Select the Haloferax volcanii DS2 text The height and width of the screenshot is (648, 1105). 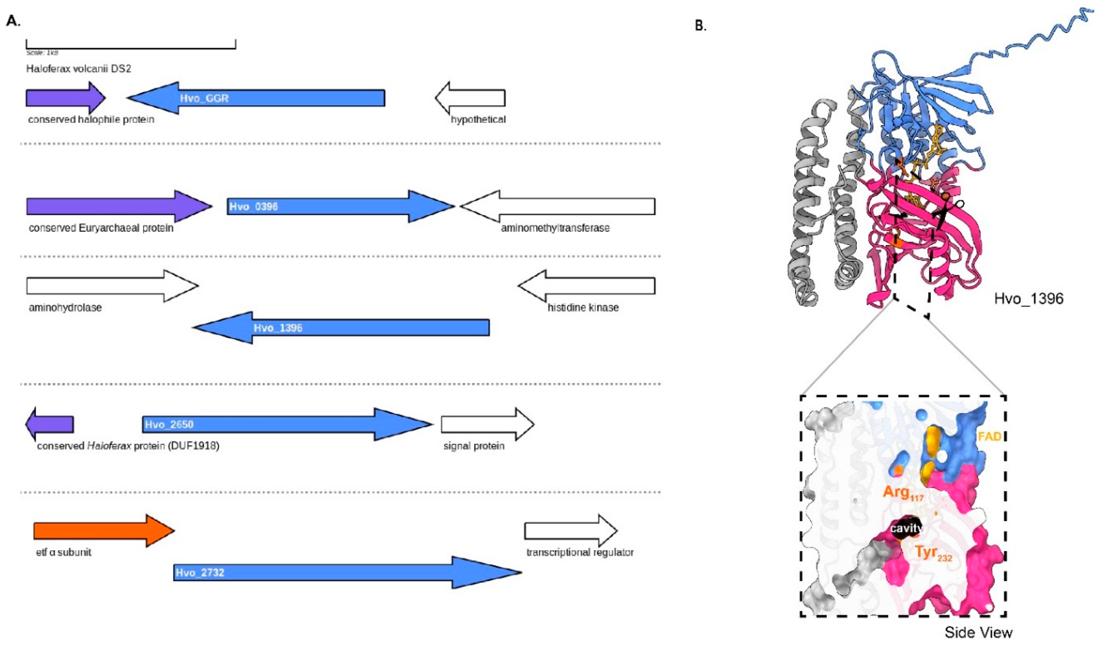click(79, 69)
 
